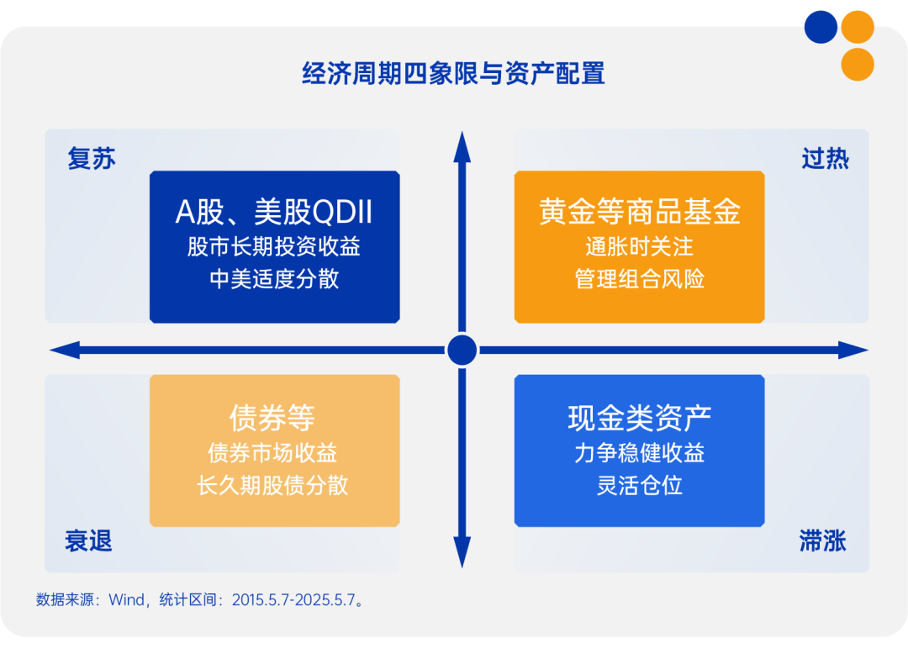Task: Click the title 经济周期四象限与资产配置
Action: click(453, 74)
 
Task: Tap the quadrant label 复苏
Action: click(92, 159)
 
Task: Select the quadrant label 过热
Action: click(825, 159)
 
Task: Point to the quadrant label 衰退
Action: click(88, 541)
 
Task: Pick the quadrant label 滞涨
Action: click(822, 541)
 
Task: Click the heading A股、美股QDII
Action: click(274, 213)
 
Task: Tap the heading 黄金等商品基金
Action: click(639, 213)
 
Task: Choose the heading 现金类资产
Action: click(639, 417)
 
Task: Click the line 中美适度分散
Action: click(274, 279)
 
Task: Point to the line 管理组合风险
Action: click(639, 279)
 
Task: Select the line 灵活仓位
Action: click(639, 485)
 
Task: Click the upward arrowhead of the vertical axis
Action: click(462, 145)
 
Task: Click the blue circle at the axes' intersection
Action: click(462, 350)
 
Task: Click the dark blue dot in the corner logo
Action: click(821, 27)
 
